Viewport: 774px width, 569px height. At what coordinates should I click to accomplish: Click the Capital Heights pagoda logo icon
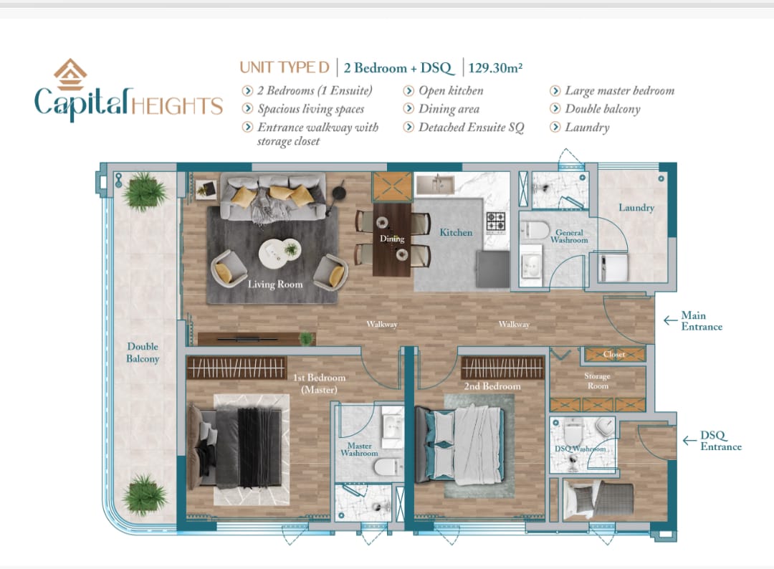click(x=70, y=75)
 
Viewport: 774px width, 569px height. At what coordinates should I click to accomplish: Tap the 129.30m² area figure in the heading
click(x=495, y=67)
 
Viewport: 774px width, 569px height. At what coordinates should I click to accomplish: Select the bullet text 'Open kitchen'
click(x=451, y=91)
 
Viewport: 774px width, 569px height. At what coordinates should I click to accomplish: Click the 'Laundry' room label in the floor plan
click(x=636, y=208)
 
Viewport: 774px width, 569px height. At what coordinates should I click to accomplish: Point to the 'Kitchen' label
click(x=456, y=232)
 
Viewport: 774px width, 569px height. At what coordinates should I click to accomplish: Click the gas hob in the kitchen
click(x=496, y=222)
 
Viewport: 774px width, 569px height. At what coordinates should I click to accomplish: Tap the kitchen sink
click(x=435, y=185)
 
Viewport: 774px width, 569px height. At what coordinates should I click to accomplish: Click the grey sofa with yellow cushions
click(x=273, y=196)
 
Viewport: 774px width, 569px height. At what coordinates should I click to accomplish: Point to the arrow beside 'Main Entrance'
click(x=670, y=321)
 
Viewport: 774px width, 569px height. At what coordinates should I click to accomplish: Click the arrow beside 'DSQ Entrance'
click(x=689, y=440)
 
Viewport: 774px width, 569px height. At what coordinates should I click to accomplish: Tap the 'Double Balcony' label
click(x=143, y=353)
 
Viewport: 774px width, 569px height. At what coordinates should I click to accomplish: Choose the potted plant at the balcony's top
click(x=144, y=191)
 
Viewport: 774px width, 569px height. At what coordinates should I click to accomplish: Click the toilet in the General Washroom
click(x=535, y=231)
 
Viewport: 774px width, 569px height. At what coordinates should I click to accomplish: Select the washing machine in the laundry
click(x=613, y=267)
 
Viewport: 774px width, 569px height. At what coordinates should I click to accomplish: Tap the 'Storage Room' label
click(x=597, y=381)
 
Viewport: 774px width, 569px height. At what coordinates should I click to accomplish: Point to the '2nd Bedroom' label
click(x=492, y=386)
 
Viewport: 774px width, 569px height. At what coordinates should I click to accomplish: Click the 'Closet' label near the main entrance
click(x=614, y=354)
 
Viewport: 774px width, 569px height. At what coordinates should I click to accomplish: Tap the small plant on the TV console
click(x=307, y=338)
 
